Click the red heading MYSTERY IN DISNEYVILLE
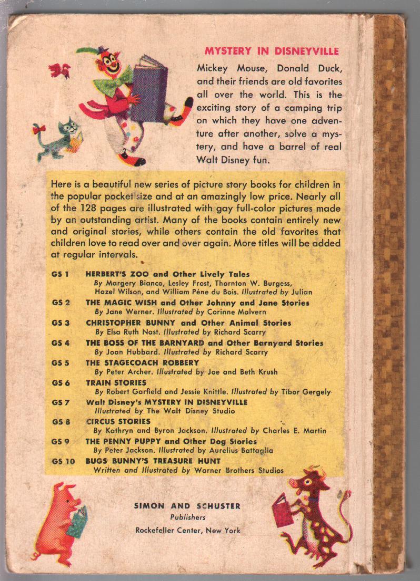coord(271,51)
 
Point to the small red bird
coord(59,70)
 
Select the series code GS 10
coord(63,461)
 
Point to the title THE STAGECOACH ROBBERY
coord(143,362)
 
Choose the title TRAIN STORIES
coord(116,382)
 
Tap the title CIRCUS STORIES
coord(118,421)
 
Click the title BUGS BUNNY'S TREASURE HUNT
coord(153,461)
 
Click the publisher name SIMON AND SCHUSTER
coord(187,506)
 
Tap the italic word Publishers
coord(187,517)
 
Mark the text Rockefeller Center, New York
coord(187,530)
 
